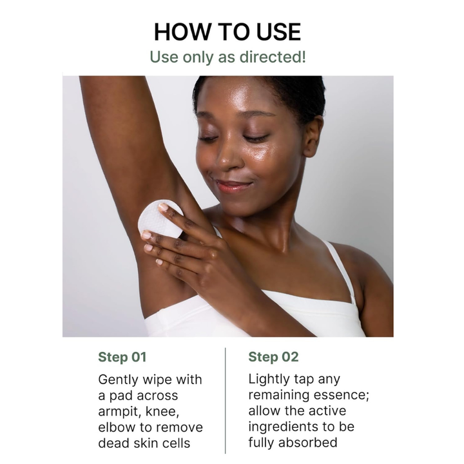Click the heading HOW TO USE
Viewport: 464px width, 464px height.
coord(227,32)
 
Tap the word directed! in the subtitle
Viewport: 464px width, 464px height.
coord(275,57)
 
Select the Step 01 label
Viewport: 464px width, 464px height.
coord(122,357)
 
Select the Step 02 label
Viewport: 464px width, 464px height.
coord(273,357)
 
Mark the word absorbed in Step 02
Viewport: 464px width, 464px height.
coord(308,443)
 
